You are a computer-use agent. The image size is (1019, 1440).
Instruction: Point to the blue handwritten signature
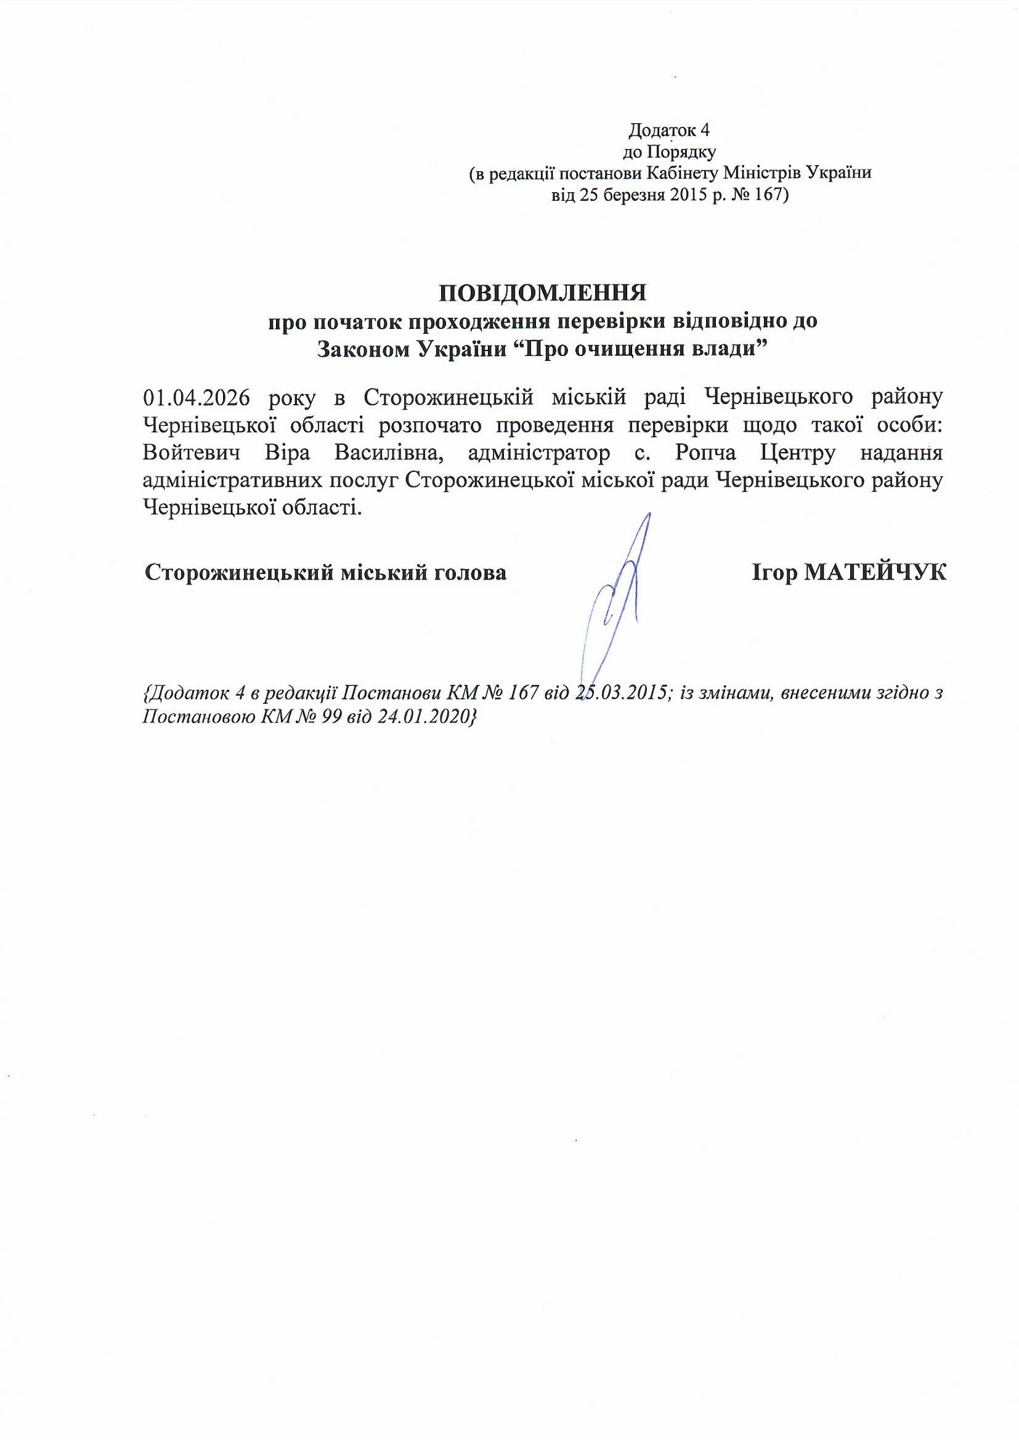click(618, 596)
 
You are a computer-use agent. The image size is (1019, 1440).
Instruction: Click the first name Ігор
click(774, 573)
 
